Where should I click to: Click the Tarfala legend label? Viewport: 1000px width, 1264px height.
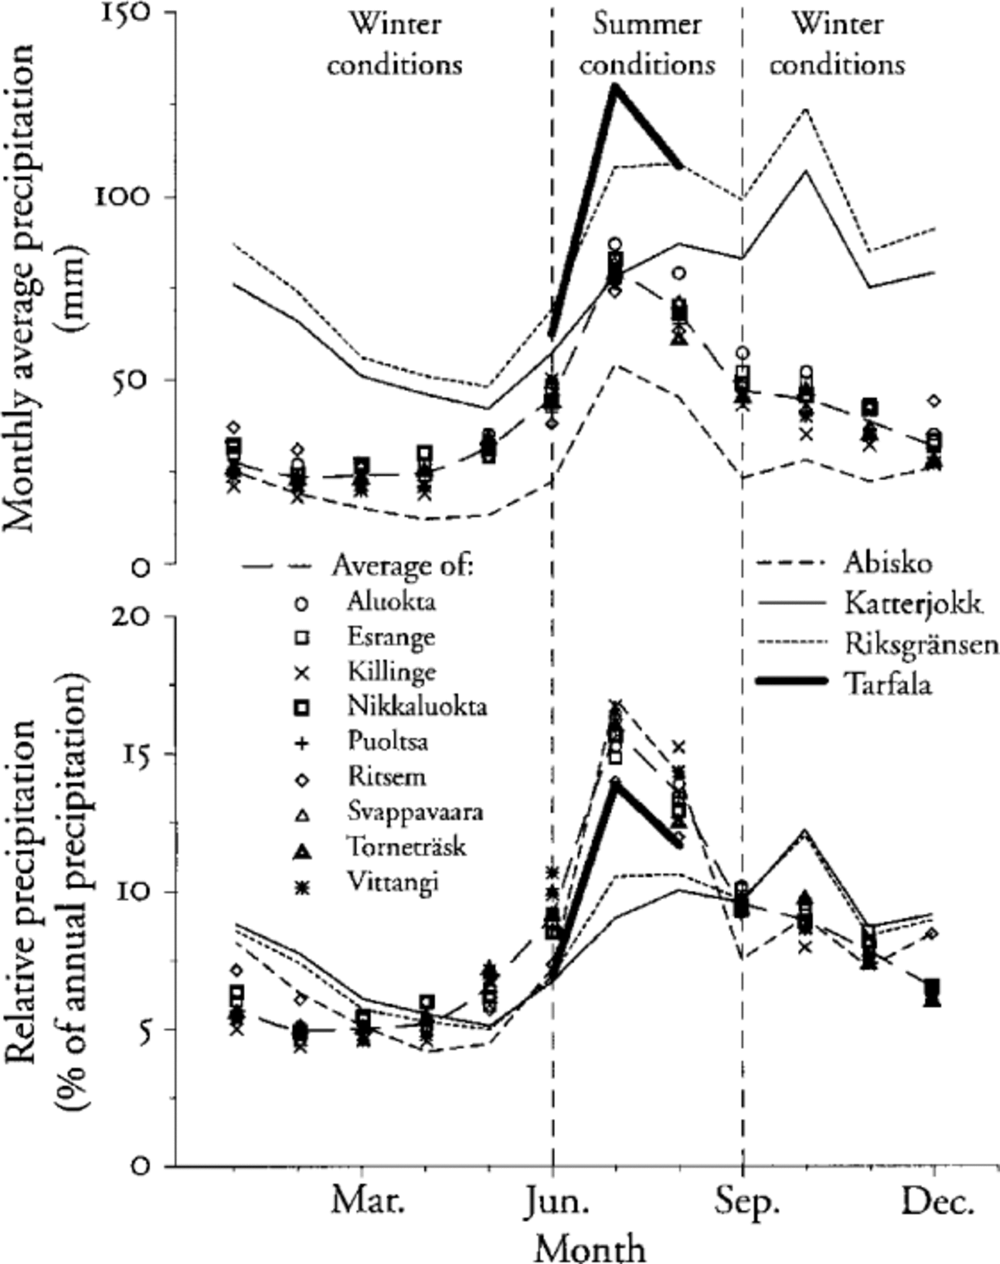pos(888,684)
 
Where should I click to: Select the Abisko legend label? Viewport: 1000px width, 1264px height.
pos(888,563)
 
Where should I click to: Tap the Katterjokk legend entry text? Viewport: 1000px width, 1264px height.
pos(913,604)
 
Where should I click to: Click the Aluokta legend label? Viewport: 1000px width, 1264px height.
pos(391,602)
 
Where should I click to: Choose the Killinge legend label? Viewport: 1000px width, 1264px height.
pos(391,672)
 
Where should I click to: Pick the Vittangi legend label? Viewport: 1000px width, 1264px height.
pos(393,882)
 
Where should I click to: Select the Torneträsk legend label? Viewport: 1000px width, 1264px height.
pos(406,847)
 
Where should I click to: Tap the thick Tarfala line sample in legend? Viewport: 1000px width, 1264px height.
pos(792,682)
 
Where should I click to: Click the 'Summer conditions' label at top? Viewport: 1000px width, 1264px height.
pos(647,45)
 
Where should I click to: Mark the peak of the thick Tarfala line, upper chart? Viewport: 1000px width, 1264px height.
pos(614,87)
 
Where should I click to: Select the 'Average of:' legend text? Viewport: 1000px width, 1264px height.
pos(403,566)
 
